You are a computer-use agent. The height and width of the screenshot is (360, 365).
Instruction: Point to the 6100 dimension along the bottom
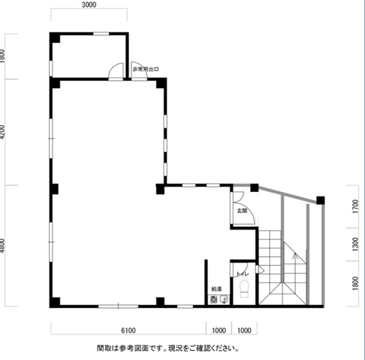[x=127, y=330]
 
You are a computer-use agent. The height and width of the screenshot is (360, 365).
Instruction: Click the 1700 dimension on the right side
[x=356, y=208]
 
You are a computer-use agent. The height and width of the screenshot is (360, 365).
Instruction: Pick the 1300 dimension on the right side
[x=356, y=244]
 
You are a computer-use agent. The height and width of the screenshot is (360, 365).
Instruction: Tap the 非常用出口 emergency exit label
[x=145, y=69]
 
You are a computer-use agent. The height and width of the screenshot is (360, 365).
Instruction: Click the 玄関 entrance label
[x=242, y=211]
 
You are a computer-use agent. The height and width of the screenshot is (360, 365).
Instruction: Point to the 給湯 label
[x=216, y=289]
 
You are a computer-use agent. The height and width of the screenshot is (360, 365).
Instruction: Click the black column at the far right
[x=320, y=200]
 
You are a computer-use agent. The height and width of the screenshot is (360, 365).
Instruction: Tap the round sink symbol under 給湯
[x=223, y=299]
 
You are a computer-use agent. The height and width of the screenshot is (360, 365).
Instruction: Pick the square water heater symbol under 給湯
[x=214, y=299]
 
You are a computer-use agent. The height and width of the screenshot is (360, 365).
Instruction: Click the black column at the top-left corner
[x=56, y=37]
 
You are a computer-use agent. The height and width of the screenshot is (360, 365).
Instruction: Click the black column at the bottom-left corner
[x=56, y=302]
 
